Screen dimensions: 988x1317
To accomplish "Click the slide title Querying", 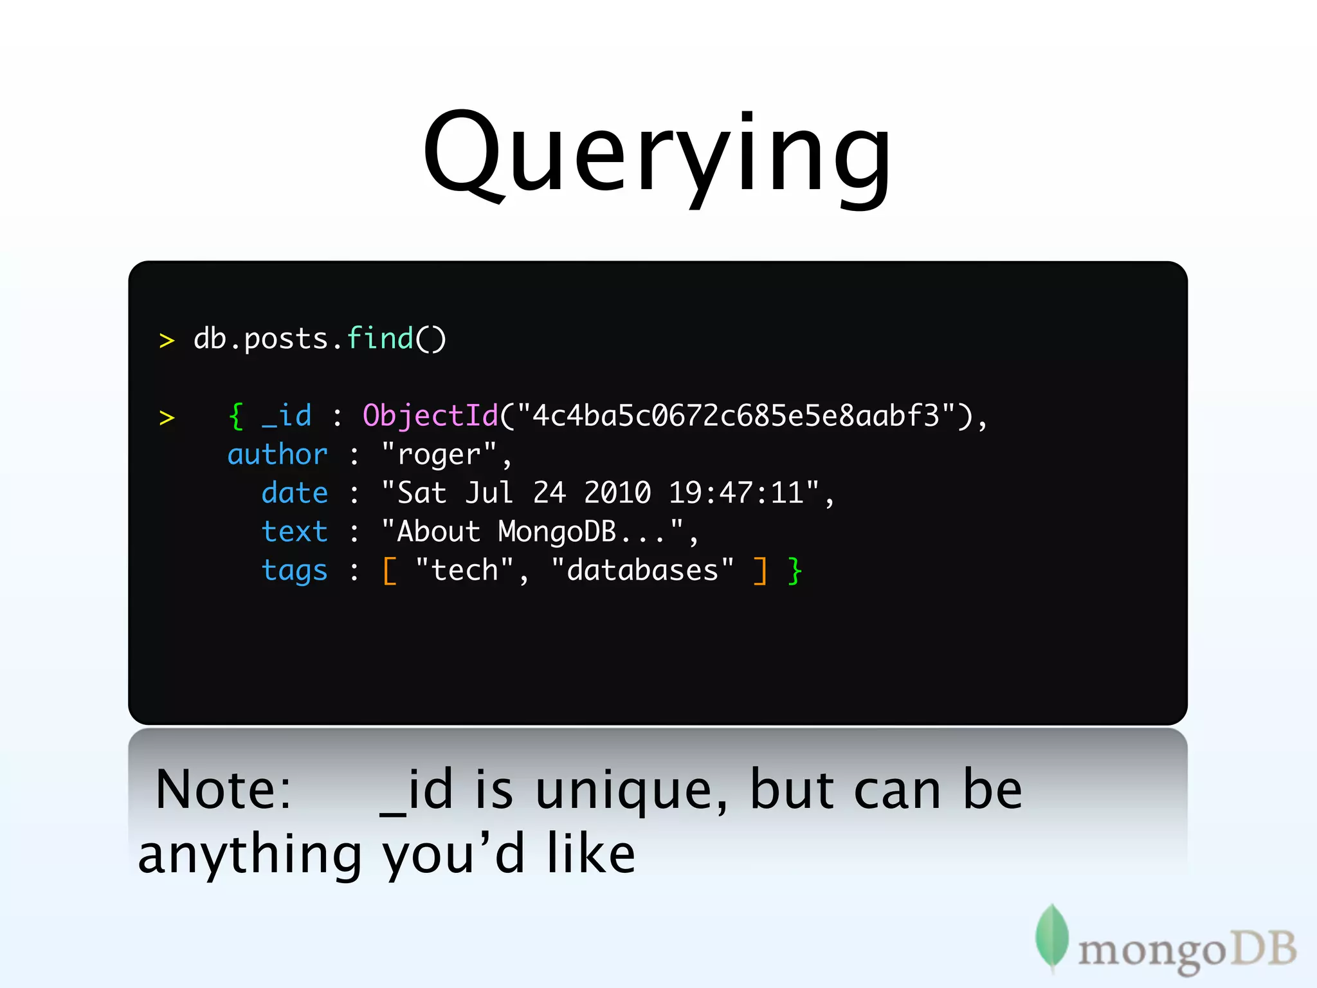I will tap(657, 154).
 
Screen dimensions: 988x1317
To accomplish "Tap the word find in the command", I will tap(379, 338).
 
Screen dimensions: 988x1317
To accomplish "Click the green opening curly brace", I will tap(236, 416).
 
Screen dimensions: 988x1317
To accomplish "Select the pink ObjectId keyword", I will tap(430, 416).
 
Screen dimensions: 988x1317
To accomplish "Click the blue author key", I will tap(278, 455).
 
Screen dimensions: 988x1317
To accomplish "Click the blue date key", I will tap(295, 493).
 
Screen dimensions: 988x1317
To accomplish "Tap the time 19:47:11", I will tap(736, 493).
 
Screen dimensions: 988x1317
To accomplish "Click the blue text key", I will tap(295, 532).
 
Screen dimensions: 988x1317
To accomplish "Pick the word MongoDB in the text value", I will tap(557, 532).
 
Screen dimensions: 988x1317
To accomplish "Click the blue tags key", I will tap(295, 571).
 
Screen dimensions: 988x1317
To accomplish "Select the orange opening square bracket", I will tap(390, 571).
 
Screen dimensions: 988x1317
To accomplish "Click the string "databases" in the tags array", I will tap(642, 571).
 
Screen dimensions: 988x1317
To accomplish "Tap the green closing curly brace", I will tap(795, 571).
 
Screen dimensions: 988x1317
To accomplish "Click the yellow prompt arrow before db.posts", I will tap(167, 340).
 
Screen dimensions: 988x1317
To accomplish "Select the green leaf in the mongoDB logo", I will tap(1051, 937).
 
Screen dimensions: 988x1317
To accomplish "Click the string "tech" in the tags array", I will tap(464, 571).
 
